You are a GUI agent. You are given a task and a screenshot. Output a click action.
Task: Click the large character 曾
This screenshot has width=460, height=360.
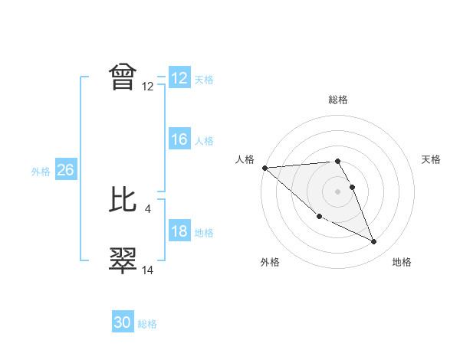[123, 77]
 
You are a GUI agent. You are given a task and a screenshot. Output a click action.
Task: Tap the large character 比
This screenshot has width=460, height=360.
[123, 199]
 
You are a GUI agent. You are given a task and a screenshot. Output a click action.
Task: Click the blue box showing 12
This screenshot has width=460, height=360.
[179, 78]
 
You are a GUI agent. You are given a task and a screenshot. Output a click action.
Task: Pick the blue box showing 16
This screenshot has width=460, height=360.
[179, 139]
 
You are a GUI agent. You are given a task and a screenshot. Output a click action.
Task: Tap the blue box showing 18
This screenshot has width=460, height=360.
[179, 232]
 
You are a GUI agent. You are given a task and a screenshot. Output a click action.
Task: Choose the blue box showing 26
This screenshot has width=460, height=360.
[65, 170]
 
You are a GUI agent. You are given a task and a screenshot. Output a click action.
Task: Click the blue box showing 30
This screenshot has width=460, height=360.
[123, 322]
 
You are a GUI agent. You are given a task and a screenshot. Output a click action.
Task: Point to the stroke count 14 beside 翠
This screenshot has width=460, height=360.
[148, 270]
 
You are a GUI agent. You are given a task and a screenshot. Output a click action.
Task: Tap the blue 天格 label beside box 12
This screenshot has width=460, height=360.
[204, 80]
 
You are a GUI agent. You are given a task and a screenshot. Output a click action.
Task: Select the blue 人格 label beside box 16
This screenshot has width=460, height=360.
[204, 141]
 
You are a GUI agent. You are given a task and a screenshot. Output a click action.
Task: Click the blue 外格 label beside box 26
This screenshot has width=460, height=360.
[41, 172]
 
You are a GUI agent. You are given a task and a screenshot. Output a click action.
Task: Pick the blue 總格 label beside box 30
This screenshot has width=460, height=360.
[147, 324]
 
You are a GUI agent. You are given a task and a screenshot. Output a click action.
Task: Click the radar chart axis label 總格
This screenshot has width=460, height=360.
[338, 100]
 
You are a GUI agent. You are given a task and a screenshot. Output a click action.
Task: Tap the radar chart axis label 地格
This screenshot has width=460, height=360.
[402, 262]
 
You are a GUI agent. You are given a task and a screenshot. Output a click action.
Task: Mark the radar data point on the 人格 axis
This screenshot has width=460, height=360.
[264, 168]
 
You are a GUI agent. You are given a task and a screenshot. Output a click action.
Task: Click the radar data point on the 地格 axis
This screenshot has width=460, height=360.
[374, 242]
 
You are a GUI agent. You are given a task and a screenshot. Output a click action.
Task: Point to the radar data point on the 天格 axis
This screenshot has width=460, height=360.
[352, 187]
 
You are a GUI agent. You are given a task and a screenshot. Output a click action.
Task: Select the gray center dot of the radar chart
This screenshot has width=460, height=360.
[337, 191]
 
